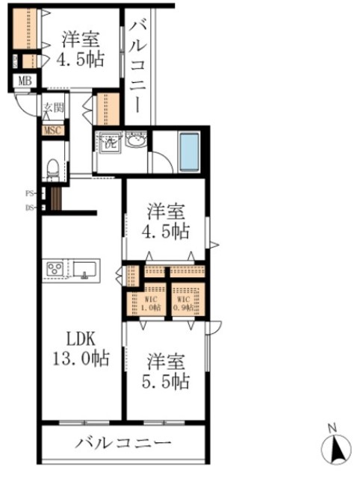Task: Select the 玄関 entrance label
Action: [x=53, y=108]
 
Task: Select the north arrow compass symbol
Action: [x=335, y=448]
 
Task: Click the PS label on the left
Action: [x=30, y=193]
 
